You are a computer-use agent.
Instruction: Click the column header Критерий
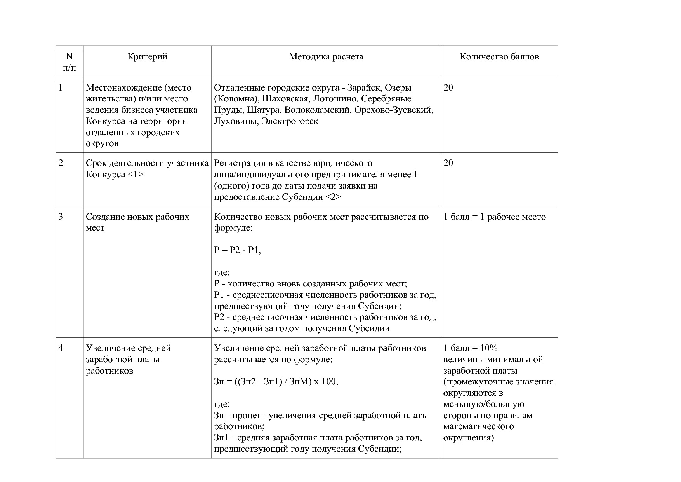(147, 57)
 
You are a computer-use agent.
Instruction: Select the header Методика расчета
(326, 57)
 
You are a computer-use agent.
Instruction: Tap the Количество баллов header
(499, 57)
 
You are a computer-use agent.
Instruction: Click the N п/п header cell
(69, 62)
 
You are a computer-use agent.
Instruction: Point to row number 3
(61, 217)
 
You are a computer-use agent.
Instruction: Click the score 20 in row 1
(448, 88)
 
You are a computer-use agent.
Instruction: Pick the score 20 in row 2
(448, 163)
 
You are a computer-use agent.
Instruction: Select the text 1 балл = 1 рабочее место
(494, 217)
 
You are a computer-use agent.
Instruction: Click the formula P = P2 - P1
(237, 250)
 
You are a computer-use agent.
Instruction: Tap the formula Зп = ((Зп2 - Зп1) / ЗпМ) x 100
(276, 382)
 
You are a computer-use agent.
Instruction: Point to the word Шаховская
(285, 99)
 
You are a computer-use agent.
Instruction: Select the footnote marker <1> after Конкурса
(135, 175)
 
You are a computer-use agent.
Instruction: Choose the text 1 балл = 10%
(470, 348)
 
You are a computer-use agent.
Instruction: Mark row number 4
(61, 348)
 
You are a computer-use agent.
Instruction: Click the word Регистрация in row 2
(238, 163)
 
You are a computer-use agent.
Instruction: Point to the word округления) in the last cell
(469, 438)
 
